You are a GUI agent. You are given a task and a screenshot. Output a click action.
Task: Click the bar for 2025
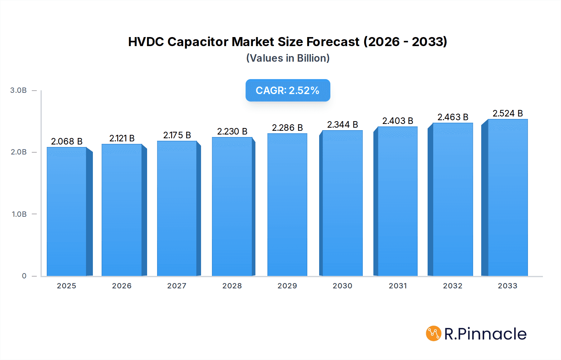pos(66,212)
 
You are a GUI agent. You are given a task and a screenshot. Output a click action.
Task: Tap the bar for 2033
pos(508,198)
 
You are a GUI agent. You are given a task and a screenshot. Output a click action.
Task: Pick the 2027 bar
pos(177,209)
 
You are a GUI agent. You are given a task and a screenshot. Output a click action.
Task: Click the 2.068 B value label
pos(67,141)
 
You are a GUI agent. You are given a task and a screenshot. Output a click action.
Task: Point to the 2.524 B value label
pos(508,113)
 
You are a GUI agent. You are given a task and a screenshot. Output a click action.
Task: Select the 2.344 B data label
pos(343,125)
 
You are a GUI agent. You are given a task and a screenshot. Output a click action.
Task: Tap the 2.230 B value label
pos(232,131)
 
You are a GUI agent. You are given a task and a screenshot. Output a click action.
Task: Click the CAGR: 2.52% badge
pos(288,90)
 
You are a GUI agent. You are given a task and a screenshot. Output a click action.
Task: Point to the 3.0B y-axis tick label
pos(18,90)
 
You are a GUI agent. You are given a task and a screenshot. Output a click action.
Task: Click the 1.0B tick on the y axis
pos(19,214)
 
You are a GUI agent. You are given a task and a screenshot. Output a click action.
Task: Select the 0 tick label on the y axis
pos(24,276)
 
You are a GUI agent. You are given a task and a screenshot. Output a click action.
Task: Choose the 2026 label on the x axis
pos(122,286)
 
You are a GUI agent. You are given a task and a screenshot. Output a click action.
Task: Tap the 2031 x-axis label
pos(398,286)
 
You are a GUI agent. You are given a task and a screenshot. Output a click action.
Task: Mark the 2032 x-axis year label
pos(453,286)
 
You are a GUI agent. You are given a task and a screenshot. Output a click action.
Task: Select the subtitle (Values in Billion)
pos(288,58)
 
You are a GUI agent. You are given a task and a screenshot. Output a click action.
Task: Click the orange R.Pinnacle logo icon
pos(434,334)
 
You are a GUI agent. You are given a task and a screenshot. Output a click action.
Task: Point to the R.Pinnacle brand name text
pos(485,334)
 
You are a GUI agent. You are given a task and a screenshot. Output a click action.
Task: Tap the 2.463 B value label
pos(453,117)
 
